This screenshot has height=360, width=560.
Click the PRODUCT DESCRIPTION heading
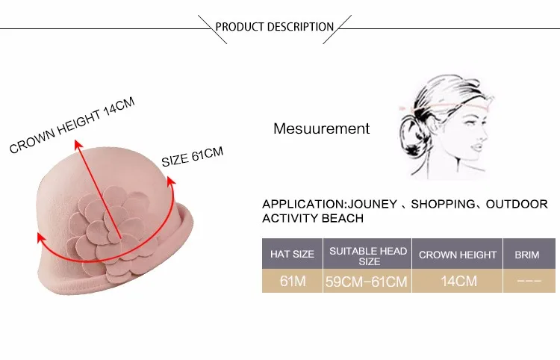point(275,27)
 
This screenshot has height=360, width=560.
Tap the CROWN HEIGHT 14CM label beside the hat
point(72,125)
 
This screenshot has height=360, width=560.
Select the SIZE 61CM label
point(193,157)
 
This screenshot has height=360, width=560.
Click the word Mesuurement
point(321,128)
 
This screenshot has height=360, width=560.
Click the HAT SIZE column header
point(292,255)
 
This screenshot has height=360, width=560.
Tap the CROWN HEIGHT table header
point(457,255)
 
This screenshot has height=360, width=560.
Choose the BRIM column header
point(526,255)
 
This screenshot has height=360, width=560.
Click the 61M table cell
point(292,282)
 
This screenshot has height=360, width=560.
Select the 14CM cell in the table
point(457,282)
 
